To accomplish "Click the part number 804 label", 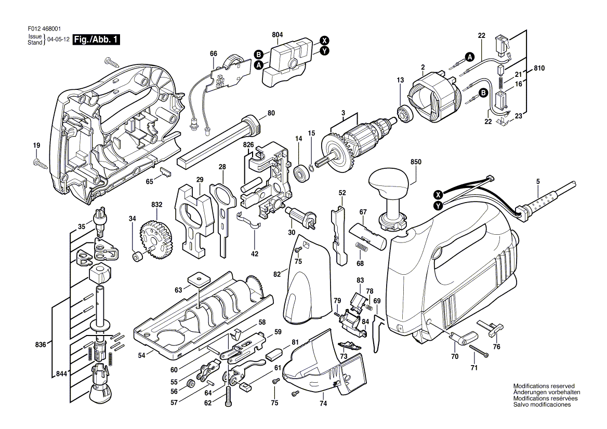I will tap(278, 35).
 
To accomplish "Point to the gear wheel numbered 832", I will tap(156, 242).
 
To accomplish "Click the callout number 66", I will tap(213, 53).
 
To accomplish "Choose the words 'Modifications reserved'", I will tap(544, 386).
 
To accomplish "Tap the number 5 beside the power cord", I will tap(538, 181).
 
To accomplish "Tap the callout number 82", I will tap(277, 274).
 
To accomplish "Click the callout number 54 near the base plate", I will tap(141, 355).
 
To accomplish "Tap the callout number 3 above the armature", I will tap(343, 113).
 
